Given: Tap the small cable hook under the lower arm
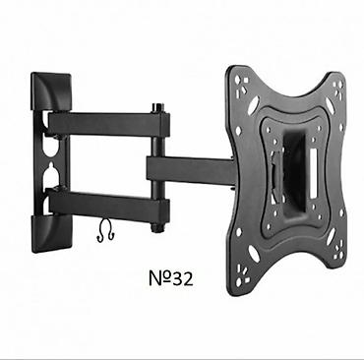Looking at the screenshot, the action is pyautogui.click(x=105, y=231).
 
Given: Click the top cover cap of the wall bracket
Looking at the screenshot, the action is pyautogui.click(x=51, y=91).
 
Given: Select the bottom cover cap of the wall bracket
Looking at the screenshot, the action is pyautogui.click(x=51, y=234).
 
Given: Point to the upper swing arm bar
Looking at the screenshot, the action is pyautogui.click(x=109, y=124).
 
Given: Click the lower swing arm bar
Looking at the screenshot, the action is pyautogui.click(x=109, y=203).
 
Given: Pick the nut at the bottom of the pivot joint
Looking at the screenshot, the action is pyautogui.click(x=156, y=227).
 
